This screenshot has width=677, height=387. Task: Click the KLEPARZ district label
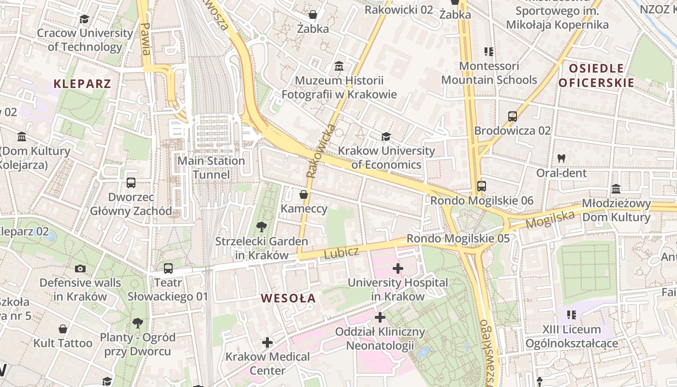point(82,83)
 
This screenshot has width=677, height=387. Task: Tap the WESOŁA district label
point(288,298)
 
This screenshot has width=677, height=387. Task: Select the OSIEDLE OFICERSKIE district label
point(596,75)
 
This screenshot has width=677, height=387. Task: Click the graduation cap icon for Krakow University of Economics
point(386,137)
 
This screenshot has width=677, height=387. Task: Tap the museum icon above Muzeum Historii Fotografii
point(339,66)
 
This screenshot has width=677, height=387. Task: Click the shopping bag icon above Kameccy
point(304,194)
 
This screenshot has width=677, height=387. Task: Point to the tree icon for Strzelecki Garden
point(262,226)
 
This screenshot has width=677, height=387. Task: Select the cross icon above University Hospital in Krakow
point(398,268)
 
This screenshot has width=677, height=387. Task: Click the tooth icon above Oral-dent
point(561,158)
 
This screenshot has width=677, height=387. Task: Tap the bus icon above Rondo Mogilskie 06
point(481,186)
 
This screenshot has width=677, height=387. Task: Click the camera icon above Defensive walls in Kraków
point(80,268)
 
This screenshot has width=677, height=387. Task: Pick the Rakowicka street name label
point(317,151)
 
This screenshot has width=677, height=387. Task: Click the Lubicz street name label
point(341,253)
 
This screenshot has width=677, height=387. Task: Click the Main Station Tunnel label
point(211,167)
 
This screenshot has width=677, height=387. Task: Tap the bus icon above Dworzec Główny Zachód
point(131,183)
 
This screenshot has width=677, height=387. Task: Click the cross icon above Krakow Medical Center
point(267,342)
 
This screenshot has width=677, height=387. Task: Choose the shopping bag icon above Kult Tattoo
point(63,329)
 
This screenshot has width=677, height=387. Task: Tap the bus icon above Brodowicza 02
point(513,117)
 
